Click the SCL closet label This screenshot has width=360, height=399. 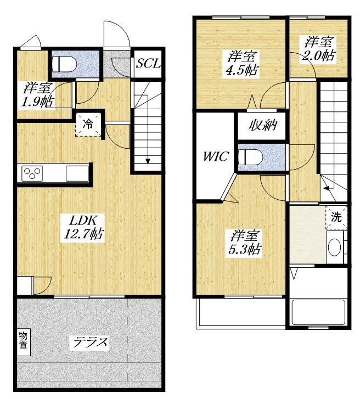coord(148,63)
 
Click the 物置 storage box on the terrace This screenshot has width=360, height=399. coord(24,342)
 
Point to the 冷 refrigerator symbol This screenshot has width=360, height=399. coord(88,125)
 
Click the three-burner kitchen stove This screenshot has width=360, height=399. coord(32,173)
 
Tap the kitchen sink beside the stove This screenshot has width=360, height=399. coord(77,173)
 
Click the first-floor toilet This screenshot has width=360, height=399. coord(64,64)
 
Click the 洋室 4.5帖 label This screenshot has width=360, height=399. coord(242,63)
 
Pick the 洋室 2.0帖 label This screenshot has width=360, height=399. coord(319,49)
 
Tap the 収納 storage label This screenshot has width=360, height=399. coord(263,125)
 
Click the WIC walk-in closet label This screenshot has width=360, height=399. coord(216,156)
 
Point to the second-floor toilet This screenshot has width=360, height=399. coord(250,157)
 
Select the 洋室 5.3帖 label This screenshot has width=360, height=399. coord(245,243)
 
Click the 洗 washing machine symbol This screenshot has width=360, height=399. coord(336,217)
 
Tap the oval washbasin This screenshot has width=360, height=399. coord(335,247)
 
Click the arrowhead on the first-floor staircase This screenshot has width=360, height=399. coord(148,161)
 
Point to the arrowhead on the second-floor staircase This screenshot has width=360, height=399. coord(325,188)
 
